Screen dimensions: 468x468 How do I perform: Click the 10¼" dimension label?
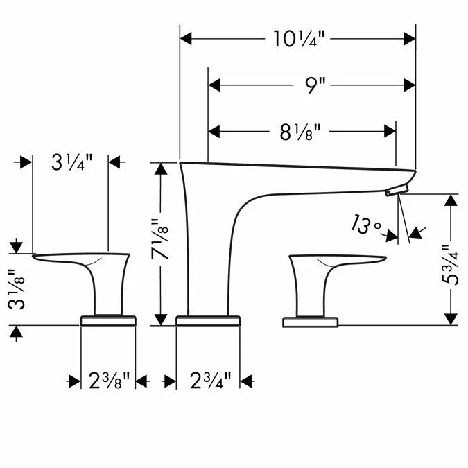298,38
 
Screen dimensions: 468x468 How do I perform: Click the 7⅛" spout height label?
161,245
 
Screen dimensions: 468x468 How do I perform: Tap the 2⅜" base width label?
107,380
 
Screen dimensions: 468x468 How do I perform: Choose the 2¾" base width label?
208,380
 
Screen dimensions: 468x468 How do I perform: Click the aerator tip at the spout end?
395,189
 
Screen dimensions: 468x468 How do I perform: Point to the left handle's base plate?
108,320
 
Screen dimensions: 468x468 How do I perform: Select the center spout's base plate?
208,320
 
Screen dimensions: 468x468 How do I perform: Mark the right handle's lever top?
340,259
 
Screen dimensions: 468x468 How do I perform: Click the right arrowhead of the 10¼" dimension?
409,38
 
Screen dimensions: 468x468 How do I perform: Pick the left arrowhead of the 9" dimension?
215,85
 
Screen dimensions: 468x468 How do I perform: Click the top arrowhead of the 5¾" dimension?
451,200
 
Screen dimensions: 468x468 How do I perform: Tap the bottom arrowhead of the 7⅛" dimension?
161,319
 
